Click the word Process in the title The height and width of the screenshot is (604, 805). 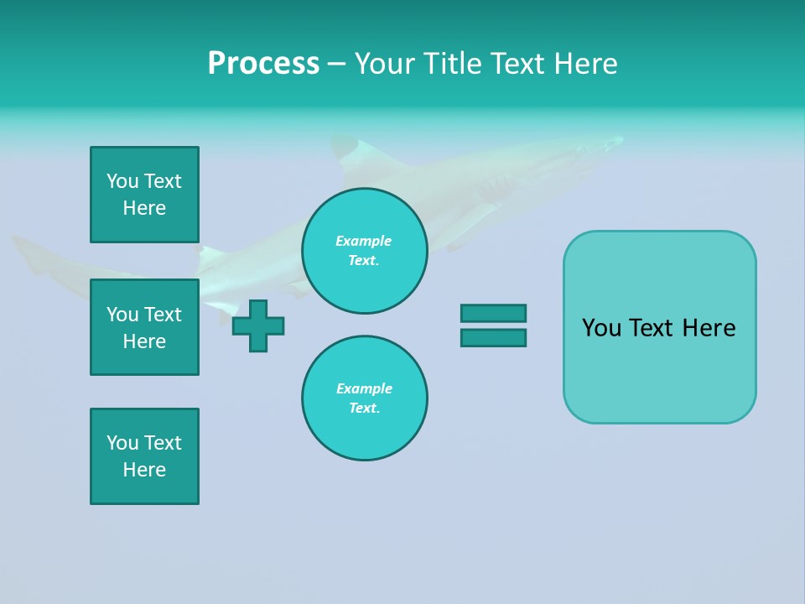(x=263, y=64)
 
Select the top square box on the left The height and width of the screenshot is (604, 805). (x=144, y=195)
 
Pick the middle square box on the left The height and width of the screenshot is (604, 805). (x=144, y=327)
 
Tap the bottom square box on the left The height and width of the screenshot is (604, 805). (x=144, y=456)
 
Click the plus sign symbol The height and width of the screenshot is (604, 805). (x=258, y=325)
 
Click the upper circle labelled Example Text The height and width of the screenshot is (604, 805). (x=365, y=251)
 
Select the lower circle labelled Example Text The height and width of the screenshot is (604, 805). (x=365, y=398)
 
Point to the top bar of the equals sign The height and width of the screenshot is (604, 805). (x=493, y=313)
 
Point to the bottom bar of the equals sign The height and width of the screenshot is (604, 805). (x=493, y=338)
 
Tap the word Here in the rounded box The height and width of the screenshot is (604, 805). (x=709, y=328)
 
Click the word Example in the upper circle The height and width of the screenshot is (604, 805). (x=364, y=241)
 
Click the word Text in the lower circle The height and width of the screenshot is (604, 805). (x=364, y=409)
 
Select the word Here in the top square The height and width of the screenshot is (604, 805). (x=144, y=208)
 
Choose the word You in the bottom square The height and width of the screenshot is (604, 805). (x=122, y=443)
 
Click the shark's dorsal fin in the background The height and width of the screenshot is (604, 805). (x=344, y=149)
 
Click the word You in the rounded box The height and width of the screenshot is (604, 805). (x=601, y=328)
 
